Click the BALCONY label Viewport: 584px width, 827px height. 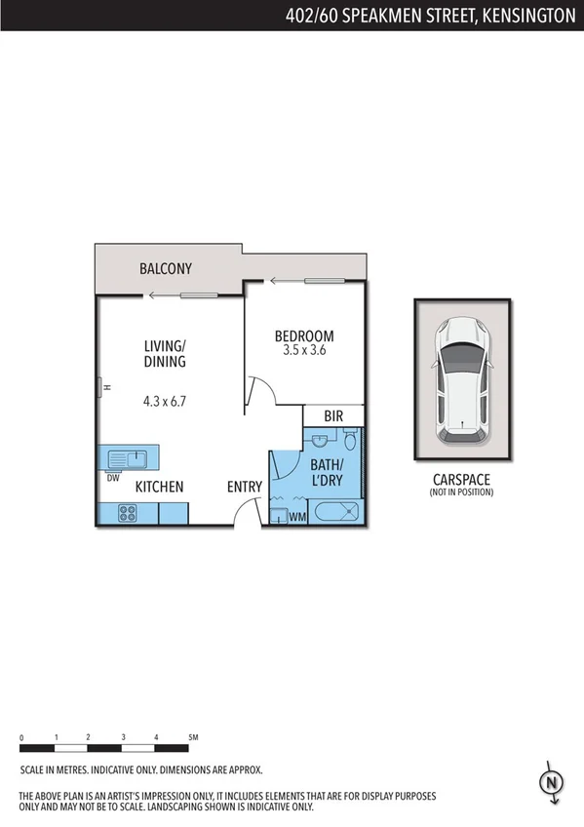[166, 268]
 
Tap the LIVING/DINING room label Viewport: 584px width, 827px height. [165, 353]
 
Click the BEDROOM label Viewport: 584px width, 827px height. [304, 336]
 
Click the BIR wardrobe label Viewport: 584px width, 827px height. [333, 416]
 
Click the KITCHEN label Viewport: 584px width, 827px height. [160, 487]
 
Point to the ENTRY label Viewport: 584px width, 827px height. [244, 487]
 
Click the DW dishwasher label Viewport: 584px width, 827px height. [113, 478]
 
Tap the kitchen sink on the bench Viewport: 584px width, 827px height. [127, 457]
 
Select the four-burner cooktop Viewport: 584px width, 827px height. [127, 513]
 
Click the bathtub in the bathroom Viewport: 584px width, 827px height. [335, 513]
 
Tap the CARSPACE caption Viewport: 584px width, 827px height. [461, 479]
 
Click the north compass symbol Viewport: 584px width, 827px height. [552, 782]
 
